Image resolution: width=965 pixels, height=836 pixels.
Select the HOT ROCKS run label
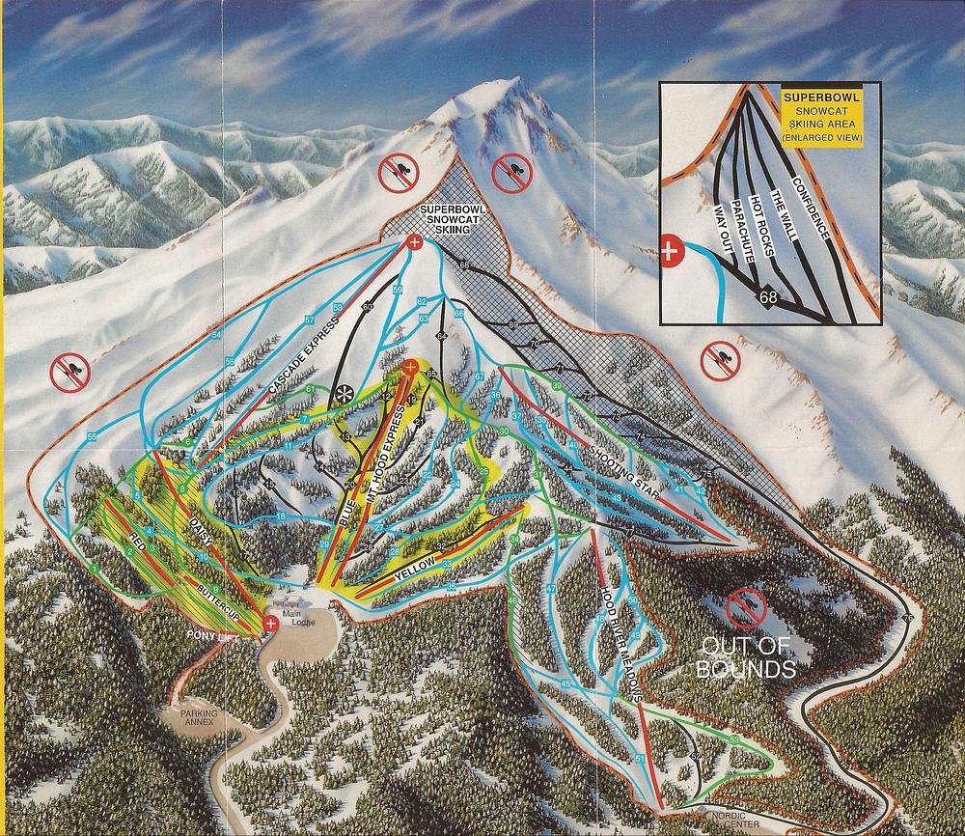[x=761, y=230]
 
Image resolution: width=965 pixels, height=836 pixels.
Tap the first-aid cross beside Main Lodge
[x=271, y=625]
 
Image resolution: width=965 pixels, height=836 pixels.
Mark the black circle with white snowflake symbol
[x=342, y=394]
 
